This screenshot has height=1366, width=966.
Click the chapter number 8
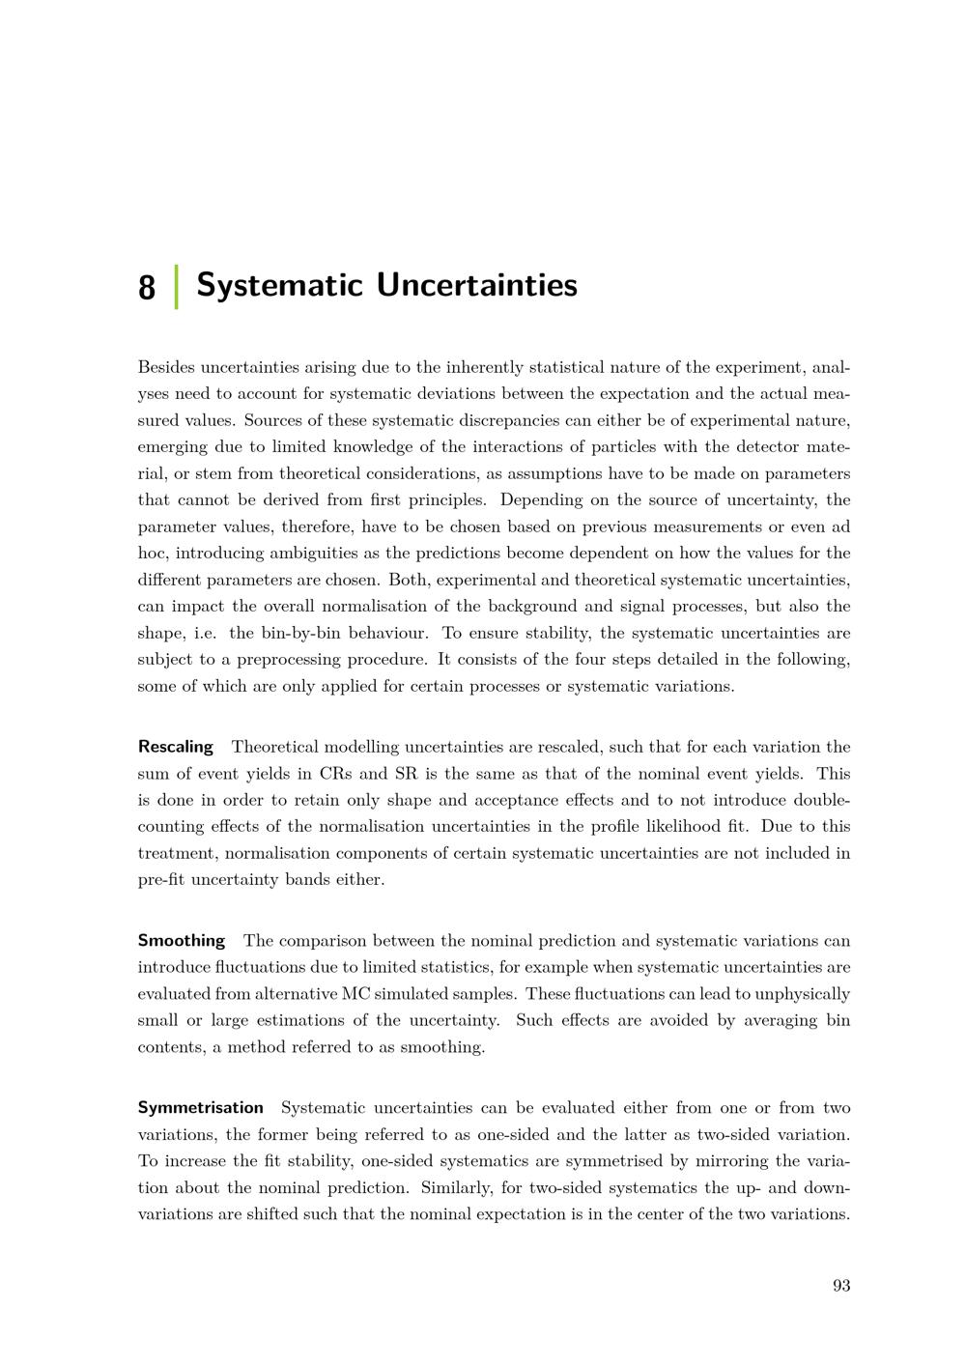click(x=147, y=287)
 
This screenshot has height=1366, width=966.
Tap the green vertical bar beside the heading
click(x=176, y=287)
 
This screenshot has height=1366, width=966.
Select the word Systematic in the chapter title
click(x=279, y=286)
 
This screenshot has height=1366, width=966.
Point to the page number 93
click(x=840, y=1285)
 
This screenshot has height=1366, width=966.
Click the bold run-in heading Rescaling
click(x=175, y=747)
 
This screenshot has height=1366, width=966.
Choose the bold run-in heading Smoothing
click(x=181, y=940)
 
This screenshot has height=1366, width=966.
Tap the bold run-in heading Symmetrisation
click(x=200, y=1107)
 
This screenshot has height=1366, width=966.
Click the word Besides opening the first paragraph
click(x=166, y=367)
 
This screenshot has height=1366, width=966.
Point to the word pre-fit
click(x=161, y=879)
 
